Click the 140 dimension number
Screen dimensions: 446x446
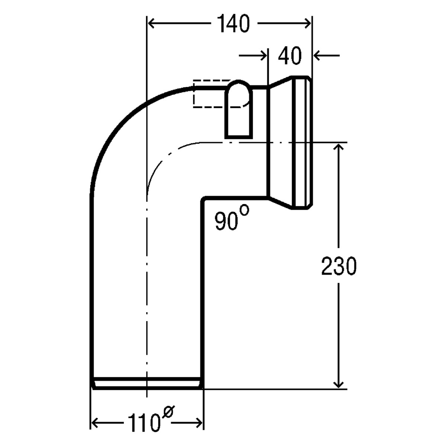click(234, 23)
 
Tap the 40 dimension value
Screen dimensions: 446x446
click(290, 55)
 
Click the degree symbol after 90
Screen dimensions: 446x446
click(245, 210)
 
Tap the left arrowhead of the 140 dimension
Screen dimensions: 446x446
click(151, 24)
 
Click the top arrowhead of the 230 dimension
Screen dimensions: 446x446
click(339, 147)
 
